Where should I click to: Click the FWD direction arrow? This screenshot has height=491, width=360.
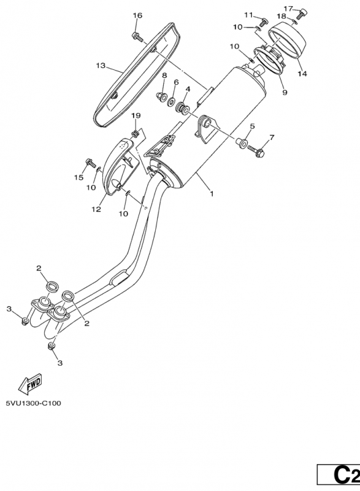coord(29,383)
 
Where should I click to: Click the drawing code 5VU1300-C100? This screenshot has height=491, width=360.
coord(34,403)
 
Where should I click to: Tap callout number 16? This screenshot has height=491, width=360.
coord(137,15)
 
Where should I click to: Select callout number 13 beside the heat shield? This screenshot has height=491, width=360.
coord(101,66)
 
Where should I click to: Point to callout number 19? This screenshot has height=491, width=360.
coord(136,115)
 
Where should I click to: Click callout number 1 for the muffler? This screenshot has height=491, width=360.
coord(212,194)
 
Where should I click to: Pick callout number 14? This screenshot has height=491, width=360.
coord(302,74)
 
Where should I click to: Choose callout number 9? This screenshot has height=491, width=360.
coord(285,93)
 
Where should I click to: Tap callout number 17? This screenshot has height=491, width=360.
coord(288,8)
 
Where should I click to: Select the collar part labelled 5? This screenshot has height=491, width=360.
coord(242,142)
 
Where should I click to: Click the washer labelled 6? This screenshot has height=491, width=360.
coord(171,101)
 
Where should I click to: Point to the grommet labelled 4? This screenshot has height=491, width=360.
coord(182,108)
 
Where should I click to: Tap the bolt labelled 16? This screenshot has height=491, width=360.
coord(137,37)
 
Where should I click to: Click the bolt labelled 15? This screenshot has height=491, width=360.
coord(91,163)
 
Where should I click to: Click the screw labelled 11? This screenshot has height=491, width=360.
coord(263,22)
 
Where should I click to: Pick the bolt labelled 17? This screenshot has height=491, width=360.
coord(302,14)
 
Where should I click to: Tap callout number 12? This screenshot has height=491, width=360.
coord(96,209)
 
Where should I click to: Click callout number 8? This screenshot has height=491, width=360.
coord(164,75)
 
